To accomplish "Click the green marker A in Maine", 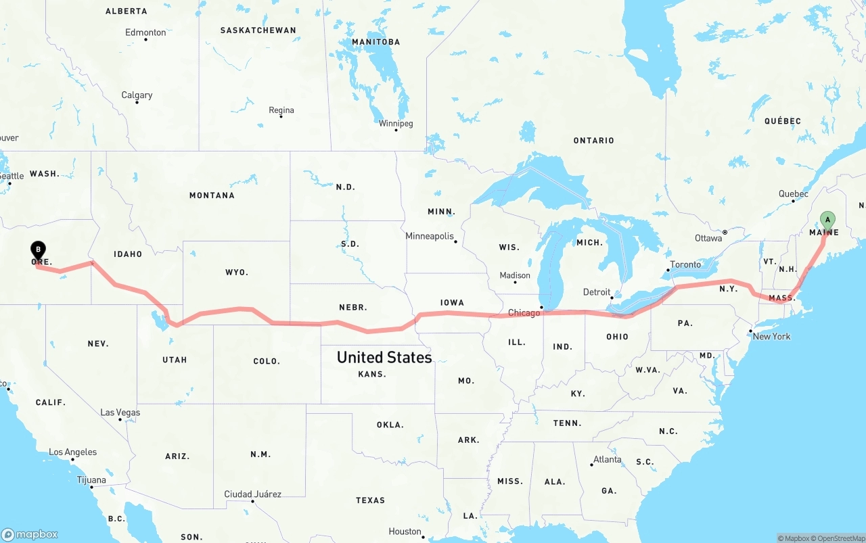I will [827, 220].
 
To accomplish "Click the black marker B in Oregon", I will [39, 250].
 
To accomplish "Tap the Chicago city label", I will [524, 312].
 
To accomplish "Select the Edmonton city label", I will [145, 32].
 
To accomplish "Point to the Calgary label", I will [137, 95].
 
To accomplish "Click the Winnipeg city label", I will [396, 124].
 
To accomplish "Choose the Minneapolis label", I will [429, 236].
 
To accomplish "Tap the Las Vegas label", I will [120, 412].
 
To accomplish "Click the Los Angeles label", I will [72, 452].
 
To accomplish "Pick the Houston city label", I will [405, 532].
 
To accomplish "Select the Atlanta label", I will [607, 460].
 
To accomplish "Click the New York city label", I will [771, 336].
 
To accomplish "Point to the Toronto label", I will [685, 264].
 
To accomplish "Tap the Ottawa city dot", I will [725, 232].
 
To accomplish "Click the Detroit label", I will [597, 292].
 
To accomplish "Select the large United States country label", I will [384, 357].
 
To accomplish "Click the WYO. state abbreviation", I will [237, 273].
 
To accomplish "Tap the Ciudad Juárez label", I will [253, 494].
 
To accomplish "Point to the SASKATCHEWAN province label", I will [258, 30].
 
